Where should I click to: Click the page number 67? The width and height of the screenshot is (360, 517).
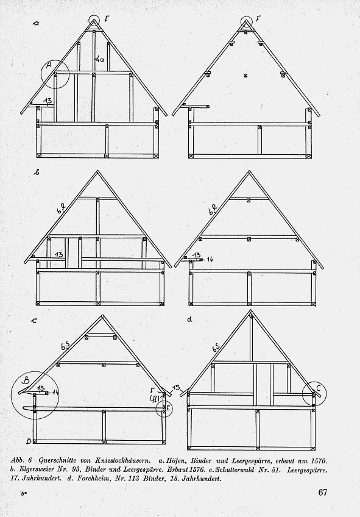click(x=322, y=492)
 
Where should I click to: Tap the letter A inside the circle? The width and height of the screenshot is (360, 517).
click(x=48, y=66)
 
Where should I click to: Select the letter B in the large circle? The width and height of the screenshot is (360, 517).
click(x=25, y=380)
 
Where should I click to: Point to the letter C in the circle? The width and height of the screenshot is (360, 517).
click(x=318, y=388)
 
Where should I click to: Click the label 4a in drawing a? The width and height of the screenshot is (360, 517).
click(x=100, y=60)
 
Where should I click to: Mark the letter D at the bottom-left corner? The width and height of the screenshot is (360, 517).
click(x=29, y=441)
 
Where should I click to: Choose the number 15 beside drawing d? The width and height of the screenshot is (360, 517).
click(x=176, y=387)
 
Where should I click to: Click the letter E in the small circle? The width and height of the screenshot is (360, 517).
click(x=168, y=409)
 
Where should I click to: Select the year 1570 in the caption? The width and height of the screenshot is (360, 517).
click(x=318, y=461)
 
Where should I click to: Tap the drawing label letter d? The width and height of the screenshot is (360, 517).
click(x=189, y=319)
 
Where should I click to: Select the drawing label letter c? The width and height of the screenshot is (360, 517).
click(x=34, y=320)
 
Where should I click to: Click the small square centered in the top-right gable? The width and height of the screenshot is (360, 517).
click(x=245, y=76)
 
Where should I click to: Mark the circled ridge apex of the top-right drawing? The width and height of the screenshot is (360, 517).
click(x=245, y=23)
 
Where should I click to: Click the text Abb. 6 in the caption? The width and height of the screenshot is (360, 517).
click(x=21, y=461)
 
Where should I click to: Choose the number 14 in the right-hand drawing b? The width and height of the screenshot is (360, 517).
click(x=209, y=260)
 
